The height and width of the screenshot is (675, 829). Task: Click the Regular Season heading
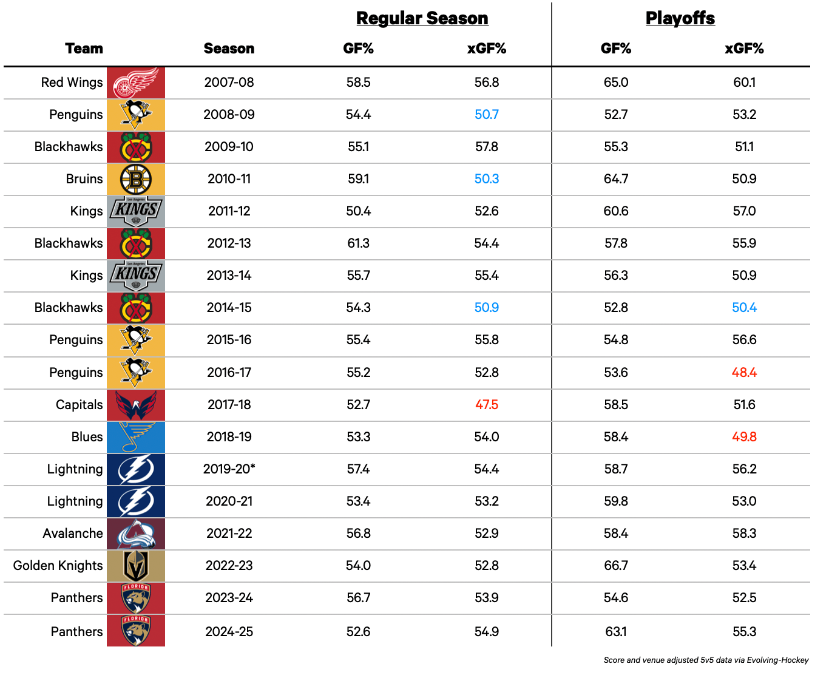(x=422, y=18)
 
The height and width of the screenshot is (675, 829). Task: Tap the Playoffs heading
(x=680, y=18)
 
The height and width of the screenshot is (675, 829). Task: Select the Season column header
(x=229, y=49)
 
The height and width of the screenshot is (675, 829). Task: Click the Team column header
(x=84, y=49)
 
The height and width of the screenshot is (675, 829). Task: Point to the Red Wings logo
(x=136, y=83)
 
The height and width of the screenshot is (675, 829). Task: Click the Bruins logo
(x=136, y=179)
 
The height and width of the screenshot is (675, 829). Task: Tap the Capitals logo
(x=136, y=405)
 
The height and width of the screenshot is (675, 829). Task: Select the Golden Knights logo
(x=136, y=566)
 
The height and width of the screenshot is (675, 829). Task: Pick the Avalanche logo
(x=136, y=534)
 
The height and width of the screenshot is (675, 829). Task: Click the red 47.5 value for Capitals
(x=487, y=405)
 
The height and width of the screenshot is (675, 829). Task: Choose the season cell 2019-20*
(x=229, y=469)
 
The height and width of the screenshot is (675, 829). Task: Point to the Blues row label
(x=87, y=437)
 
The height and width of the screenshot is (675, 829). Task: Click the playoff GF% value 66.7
(x=615, y=566)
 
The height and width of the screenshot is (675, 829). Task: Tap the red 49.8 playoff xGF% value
(x=744, y=437)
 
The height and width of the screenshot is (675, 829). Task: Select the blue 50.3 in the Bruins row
(x=487, y=179)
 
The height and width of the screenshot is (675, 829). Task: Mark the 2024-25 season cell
(x=229, y=632)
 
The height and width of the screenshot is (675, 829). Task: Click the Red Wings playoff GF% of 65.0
(x=615, y=83)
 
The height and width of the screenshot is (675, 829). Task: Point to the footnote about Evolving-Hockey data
(x=706, y=660)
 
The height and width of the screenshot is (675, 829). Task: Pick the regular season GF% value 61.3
(x=358, y=243)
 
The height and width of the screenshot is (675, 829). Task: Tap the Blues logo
(x=136, y=437)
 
